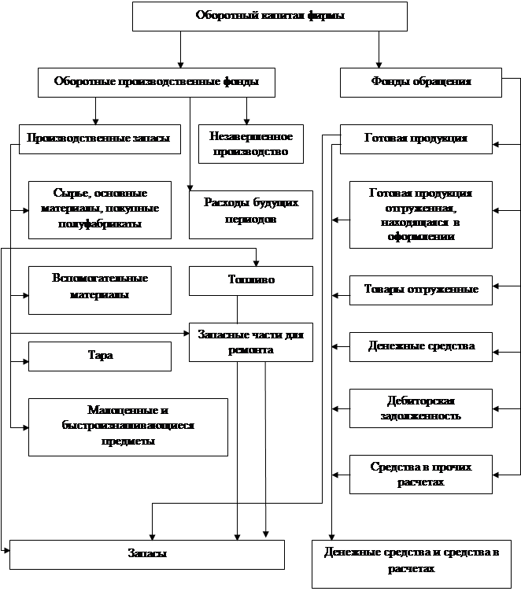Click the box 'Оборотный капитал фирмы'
269,16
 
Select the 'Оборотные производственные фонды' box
157,82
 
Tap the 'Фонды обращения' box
420,82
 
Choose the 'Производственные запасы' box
98,139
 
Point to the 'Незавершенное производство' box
250,144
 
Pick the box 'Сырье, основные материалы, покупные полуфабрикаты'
100,209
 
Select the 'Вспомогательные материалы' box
100,286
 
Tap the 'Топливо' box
250,280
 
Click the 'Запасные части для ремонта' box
250,342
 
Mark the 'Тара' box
100,356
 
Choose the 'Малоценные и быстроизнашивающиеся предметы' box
127,426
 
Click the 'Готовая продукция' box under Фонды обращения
416,139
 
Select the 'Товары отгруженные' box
420,290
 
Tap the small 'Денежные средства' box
420,346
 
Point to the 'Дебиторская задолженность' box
420,407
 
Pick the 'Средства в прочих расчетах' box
420,474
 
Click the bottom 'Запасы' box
146,554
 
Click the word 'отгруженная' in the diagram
421,210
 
